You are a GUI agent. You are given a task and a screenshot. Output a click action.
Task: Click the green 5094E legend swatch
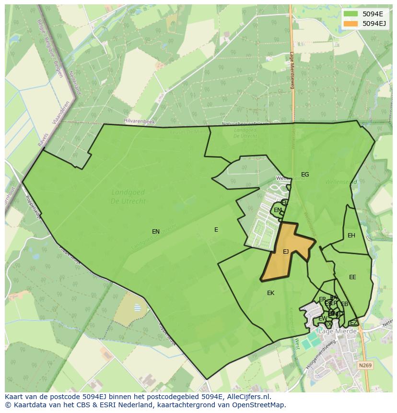coord(350,14)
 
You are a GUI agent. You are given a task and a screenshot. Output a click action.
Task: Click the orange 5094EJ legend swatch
coord(350,24)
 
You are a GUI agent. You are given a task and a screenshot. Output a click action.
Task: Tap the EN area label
coord(156,232)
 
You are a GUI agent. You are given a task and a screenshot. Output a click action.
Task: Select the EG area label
coord(305,175)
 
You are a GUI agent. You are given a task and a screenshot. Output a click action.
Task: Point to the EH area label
coord(351,236)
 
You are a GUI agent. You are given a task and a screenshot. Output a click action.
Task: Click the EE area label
coord(352,277)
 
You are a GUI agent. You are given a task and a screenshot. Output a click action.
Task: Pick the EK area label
coord(271,293)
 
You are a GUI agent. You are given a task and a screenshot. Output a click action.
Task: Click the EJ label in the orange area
coord(286,252)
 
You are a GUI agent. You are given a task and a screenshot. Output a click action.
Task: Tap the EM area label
coord(278,210)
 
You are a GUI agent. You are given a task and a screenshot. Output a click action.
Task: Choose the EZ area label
coord(353,323)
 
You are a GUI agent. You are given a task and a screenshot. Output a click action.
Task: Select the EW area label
coord(323,319)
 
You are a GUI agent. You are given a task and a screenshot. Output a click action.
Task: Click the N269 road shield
coord(365,366)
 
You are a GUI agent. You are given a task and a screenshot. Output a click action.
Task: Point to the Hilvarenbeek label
coord(139,122)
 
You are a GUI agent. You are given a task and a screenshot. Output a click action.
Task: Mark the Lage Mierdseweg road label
coord(292,71)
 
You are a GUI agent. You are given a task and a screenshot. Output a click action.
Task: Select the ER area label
coord(322,299)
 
